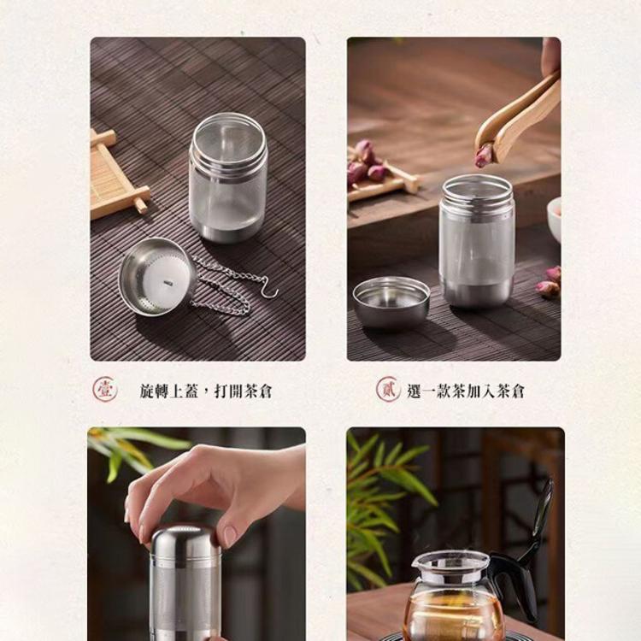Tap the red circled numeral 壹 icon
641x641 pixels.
(104, 390)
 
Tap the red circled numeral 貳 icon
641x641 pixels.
(388, 390)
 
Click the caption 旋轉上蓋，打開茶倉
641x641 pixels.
(206, 391)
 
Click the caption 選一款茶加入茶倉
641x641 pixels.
(466, 391)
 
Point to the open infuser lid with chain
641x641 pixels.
(156, 276)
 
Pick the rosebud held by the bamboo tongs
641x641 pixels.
(485, 156)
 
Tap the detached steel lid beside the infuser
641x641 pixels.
(391, 300)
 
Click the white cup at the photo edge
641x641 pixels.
(555, 218)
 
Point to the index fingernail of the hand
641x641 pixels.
(230, 534)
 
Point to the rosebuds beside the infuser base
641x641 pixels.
(549, 283)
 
